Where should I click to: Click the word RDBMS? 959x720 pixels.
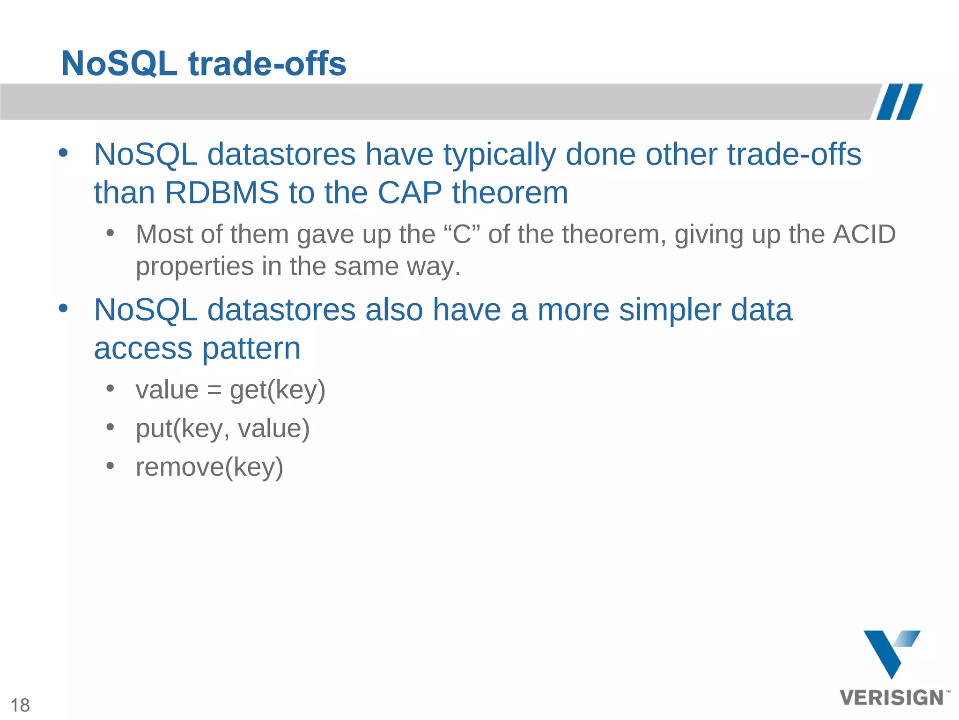pos(222,193)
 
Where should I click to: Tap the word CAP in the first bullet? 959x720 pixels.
pos(410,193)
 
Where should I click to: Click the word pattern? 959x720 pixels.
pos(251,348)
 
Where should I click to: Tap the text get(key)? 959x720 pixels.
pos(277,390)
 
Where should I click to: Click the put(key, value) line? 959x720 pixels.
pos(222,428)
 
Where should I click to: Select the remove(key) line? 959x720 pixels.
pos(209,467)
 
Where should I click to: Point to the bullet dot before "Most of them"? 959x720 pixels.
pos(110,232)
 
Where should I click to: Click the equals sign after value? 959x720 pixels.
pos(214,390)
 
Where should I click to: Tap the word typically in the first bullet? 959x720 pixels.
pos(499,155)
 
